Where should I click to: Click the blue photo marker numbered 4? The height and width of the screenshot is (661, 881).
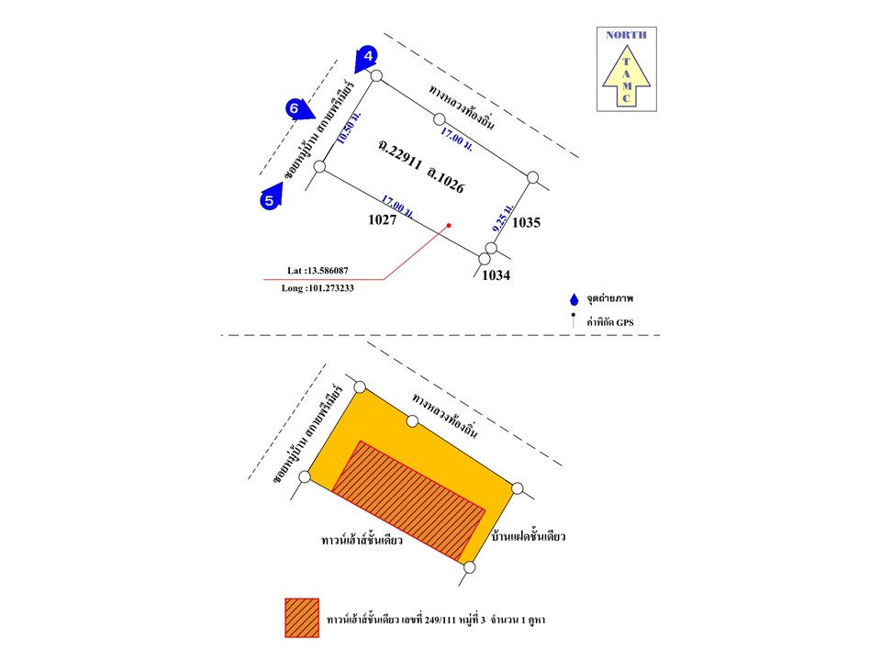(x=368, y=57)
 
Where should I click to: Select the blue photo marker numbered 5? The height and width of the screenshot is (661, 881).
(x=270, y=198)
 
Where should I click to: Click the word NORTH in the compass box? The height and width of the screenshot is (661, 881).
(x=626, y=35)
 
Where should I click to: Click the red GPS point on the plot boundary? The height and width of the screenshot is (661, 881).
(x=449, y=225)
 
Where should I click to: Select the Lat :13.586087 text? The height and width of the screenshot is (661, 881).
(x=323, y=271)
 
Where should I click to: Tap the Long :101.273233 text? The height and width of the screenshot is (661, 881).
(x=318, y=287)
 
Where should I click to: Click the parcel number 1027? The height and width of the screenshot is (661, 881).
(x=381, y=220)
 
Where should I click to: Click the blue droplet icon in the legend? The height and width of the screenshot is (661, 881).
(x=574, y=300)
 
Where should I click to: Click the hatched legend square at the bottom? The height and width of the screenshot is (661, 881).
(x=302, y=618)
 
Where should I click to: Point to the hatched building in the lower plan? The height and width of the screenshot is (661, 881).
(x=407, y=500)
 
